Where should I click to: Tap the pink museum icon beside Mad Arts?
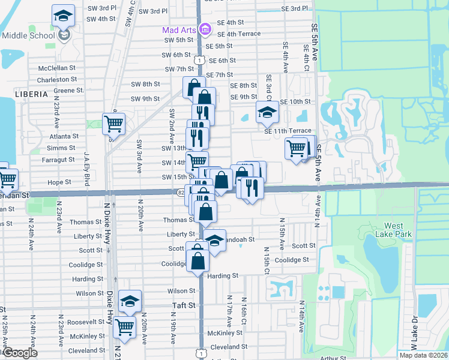tap(205, 29)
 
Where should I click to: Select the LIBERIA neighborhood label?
tap(32, 94)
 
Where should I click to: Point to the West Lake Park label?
tap(385, 230)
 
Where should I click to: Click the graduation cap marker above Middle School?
tap(63, 16)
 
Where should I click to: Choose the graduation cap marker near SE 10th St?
tap(267, 112)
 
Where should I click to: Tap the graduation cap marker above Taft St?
tap(129, 301)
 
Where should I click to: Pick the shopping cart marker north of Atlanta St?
tap(113, 124)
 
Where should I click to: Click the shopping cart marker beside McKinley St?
tap(125, 327)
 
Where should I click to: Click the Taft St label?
tap(184, 305)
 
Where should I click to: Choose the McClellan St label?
tap(58, 68)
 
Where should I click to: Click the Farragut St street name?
tap(58, 160)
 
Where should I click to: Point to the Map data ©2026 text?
tap(423, 355)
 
